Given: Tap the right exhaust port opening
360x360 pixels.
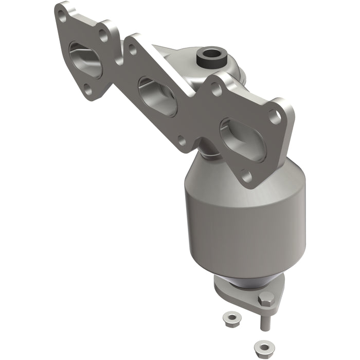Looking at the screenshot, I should coord(238,135).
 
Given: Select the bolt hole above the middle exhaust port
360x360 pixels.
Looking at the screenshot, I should coord(132,50).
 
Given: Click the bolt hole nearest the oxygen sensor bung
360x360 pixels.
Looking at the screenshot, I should coord(216,88).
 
